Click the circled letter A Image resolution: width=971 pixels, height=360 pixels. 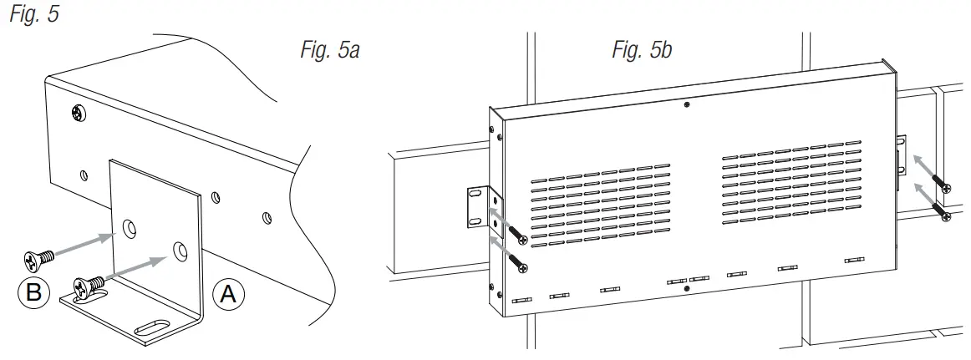pyautogui.click(x=229, y=294)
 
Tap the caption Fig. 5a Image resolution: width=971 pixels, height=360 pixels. pyautogui.click(x=329, y=51)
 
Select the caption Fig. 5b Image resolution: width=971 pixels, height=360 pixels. pyautogui.click(x=642, y=51)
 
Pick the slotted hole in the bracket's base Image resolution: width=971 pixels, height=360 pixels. pyautogui.click(x=156, y=326)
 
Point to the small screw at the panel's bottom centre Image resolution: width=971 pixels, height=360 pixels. pyautogui.click(x=686, y=289)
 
